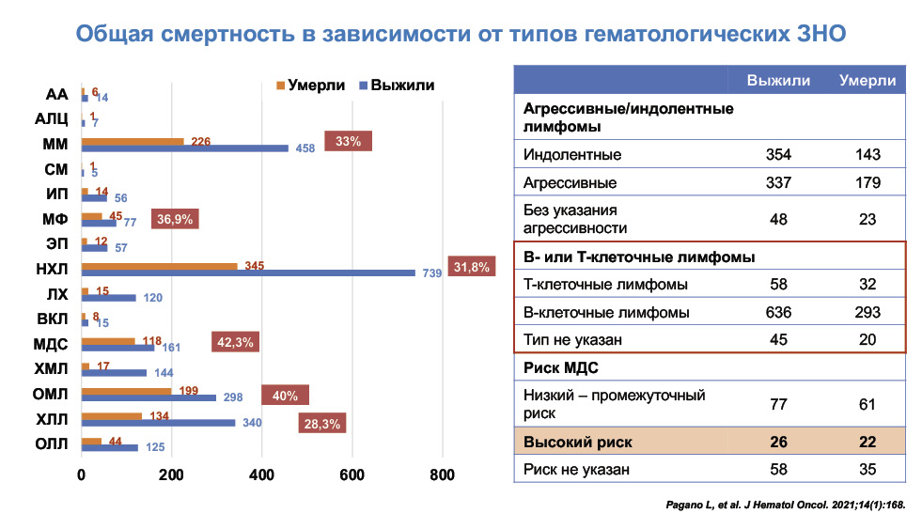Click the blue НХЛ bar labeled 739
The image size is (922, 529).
(248, 272)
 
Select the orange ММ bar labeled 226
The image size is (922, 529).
(133, 141)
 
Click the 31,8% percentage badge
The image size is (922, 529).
(472, 268)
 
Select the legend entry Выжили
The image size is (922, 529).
(396, 85)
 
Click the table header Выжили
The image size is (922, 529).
(778, 80)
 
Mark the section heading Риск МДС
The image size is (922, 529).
(560, 367)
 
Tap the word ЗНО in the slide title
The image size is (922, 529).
(820, 35)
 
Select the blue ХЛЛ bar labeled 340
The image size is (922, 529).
(158, 423)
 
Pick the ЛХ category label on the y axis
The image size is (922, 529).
(57, 293)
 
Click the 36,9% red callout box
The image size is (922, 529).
(175, 220)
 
